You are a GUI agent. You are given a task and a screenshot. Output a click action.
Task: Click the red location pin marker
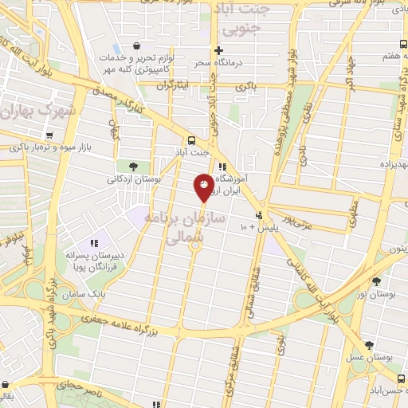[x=204, y=188]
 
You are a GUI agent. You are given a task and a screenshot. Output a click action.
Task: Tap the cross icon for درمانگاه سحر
[x=218, y=49]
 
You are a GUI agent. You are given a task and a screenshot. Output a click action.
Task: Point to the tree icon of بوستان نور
[x=376, y=281]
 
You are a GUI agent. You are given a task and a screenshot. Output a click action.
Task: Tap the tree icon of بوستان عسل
[x=369, y=345]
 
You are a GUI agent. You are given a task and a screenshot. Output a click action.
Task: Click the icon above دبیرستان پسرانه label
[x=94, y=243]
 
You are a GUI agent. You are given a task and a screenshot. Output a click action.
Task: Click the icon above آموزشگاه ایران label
[x=223, y=167]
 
